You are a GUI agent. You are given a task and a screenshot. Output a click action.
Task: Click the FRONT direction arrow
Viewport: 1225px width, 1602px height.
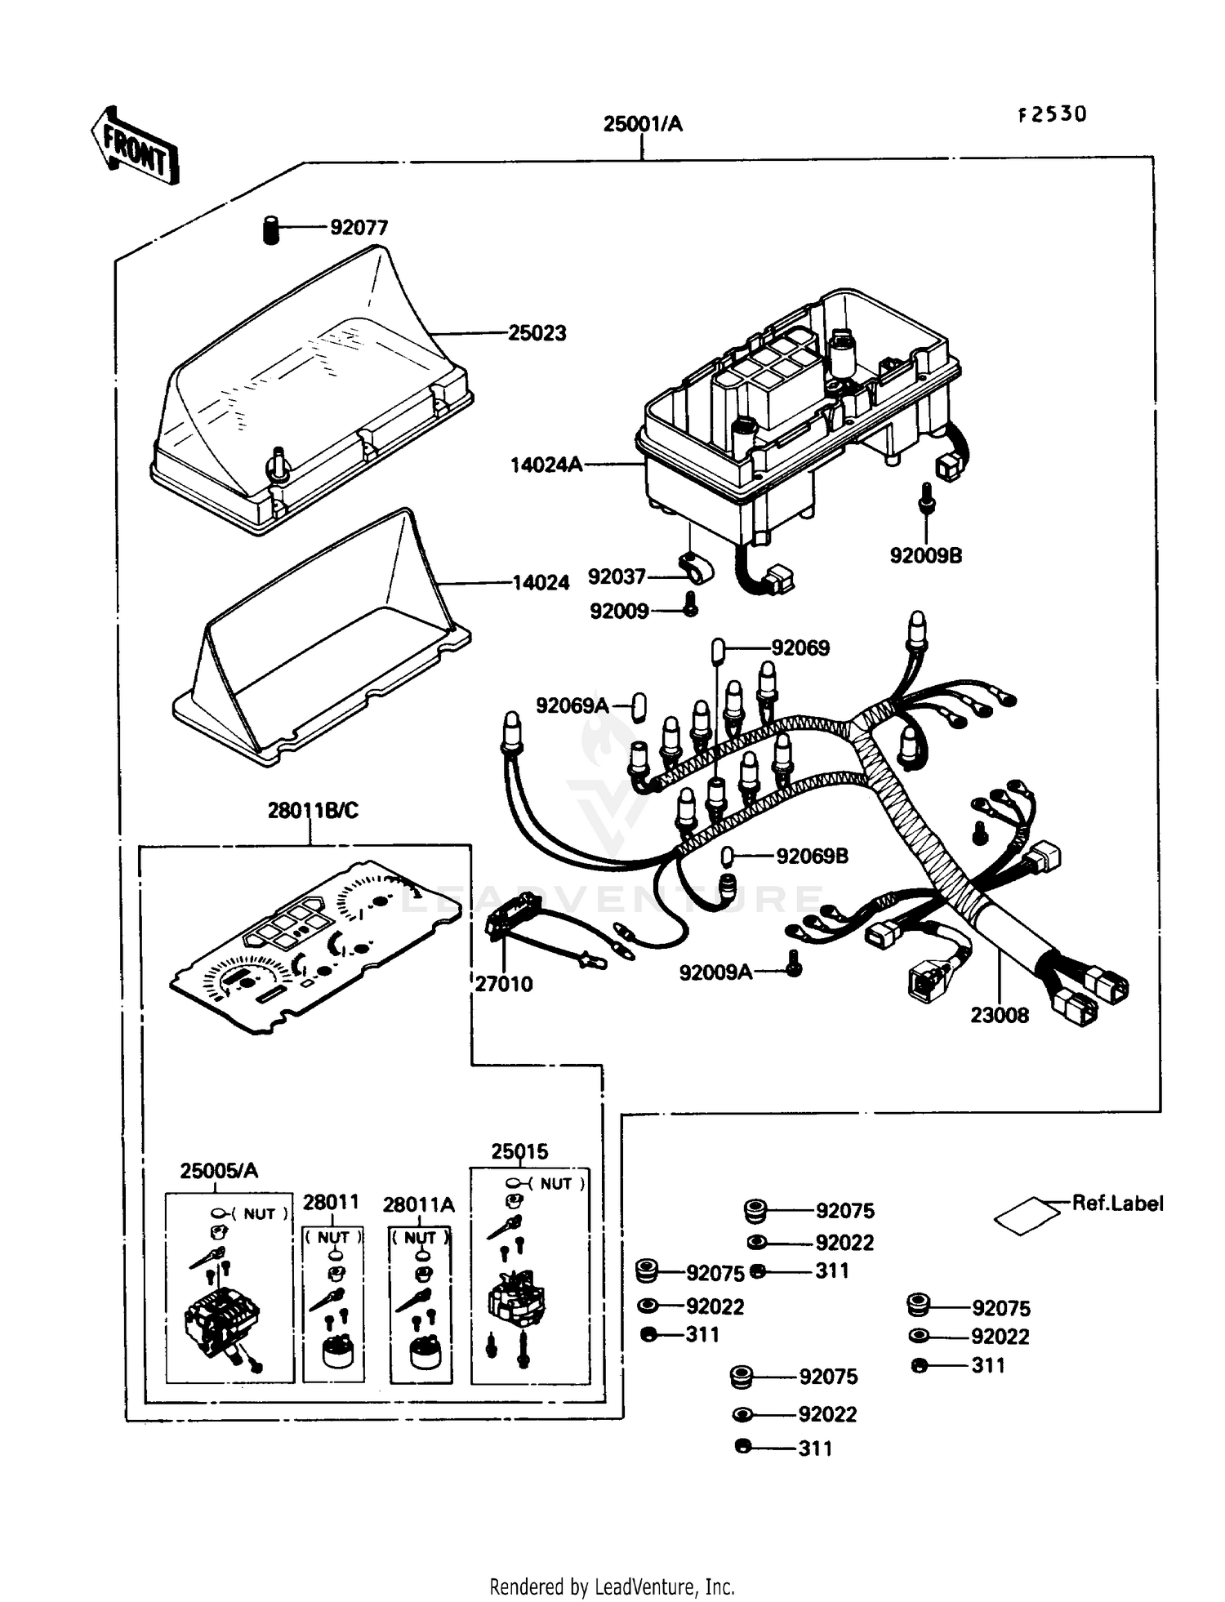click(134, 145)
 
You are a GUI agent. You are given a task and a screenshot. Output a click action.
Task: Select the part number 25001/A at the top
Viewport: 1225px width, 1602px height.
click(643, 124)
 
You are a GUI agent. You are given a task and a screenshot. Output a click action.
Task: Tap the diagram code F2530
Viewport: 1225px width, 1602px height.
click(1052, 114)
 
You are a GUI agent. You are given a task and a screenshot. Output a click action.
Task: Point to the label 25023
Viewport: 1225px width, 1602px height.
click(537, 333)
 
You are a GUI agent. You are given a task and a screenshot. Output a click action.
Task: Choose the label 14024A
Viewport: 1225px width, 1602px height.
click(546, 465)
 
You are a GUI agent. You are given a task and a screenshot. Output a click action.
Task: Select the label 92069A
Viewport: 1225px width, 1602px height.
click(572, 705)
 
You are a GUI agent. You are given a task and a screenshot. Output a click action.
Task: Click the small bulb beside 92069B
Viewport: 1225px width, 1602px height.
click(726, 857)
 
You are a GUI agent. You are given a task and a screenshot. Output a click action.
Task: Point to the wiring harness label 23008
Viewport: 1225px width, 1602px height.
click(1000, 1016)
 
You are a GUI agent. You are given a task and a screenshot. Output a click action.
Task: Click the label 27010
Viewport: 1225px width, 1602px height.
click(504, 985)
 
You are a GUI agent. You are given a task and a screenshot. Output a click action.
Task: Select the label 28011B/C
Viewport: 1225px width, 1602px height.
click(313, 811)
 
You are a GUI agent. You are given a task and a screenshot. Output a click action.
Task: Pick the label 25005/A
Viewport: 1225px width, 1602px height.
click(219, 1171)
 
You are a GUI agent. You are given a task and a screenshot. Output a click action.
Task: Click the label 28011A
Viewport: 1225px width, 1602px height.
click(419, 1205)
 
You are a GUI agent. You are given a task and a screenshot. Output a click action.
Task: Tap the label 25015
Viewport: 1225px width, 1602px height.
click(519, 1152)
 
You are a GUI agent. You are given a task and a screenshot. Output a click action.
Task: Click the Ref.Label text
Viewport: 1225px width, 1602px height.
click(1117, 1204)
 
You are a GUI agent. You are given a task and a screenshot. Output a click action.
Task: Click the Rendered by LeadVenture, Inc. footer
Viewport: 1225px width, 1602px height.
click(612, 1587)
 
